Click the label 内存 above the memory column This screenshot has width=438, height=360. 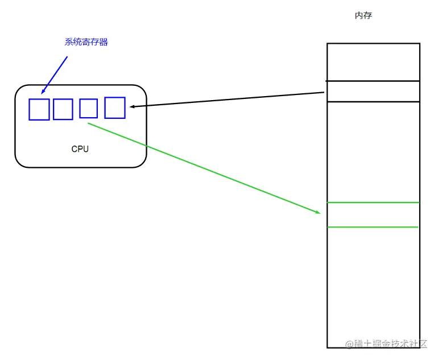point(363,16)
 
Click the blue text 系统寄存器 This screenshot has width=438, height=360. point(86,42)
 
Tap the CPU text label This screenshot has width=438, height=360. point(80,149)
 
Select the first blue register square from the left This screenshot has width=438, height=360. point(39,109)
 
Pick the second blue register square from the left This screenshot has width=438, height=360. point(63,109)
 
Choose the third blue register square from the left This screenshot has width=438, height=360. point(89,108)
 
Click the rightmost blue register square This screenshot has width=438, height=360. point(115,107)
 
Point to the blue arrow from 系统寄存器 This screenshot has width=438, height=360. point(55,74)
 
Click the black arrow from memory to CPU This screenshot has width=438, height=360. point(228,100)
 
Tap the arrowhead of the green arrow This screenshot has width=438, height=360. point(318,213)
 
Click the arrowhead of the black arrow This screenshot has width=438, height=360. point(132,106)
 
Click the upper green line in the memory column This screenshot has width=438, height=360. point(373,202)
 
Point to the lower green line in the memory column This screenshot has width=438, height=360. point(373,227)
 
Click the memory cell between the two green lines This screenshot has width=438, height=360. point(373,215)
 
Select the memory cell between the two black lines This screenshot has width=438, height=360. point(373,92)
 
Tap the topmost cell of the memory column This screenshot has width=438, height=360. point(373,62)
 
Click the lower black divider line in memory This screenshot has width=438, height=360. point(373,102)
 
